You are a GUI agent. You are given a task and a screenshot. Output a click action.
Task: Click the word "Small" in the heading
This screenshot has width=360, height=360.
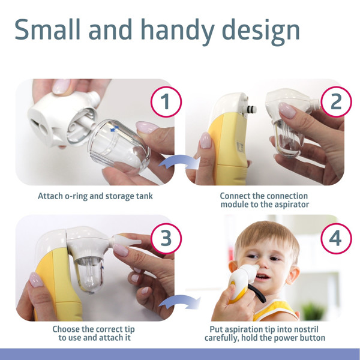click(x=47, y=29)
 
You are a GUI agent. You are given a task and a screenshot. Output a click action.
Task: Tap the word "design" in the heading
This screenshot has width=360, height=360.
click(x=261, y=32)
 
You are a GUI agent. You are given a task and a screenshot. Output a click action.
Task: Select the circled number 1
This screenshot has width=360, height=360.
click(x=166, y=102)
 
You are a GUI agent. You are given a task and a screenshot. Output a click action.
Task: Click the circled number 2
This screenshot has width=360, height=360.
click(x=336, y=102)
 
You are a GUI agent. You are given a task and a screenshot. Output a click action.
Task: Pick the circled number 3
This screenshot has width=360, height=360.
click(x=166, y=238)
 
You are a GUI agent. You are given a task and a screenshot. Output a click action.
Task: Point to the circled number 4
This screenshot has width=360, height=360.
click(x=336, y=238)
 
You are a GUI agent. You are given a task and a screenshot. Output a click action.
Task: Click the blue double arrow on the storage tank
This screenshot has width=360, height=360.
click(x=115, y=128)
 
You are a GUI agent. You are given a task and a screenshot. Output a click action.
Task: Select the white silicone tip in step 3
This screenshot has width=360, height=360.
click(x=125, y=241)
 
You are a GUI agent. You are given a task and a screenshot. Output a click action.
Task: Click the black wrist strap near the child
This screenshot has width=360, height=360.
click(x=257, y=293)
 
